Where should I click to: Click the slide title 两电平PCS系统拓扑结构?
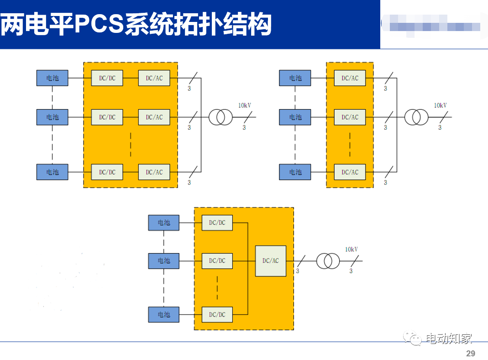136,25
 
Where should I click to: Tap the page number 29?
470,354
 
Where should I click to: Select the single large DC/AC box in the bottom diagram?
271,261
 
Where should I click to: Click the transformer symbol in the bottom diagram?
328,261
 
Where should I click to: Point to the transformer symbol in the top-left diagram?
220,117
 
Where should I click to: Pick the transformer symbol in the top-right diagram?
416,117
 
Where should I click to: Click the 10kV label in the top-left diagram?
245,106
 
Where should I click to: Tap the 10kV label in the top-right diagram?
441,106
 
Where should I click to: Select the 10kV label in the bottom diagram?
352,249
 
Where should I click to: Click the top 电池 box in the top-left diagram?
52,78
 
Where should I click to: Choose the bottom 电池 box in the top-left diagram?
52,172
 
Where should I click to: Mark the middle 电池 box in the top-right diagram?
295,117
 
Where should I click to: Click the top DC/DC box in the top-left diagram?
107,78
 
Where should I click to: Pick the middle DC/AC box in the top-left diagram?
154,117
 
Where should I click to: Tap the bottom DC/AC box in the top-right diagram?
350,172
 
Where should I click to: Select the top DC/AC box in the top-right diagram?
350,78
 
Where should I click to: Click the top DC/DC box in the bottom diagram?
217,223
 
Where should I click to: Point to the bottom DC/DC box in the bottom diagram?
217,314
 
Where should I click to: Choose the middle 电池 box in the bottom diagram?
164,261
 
